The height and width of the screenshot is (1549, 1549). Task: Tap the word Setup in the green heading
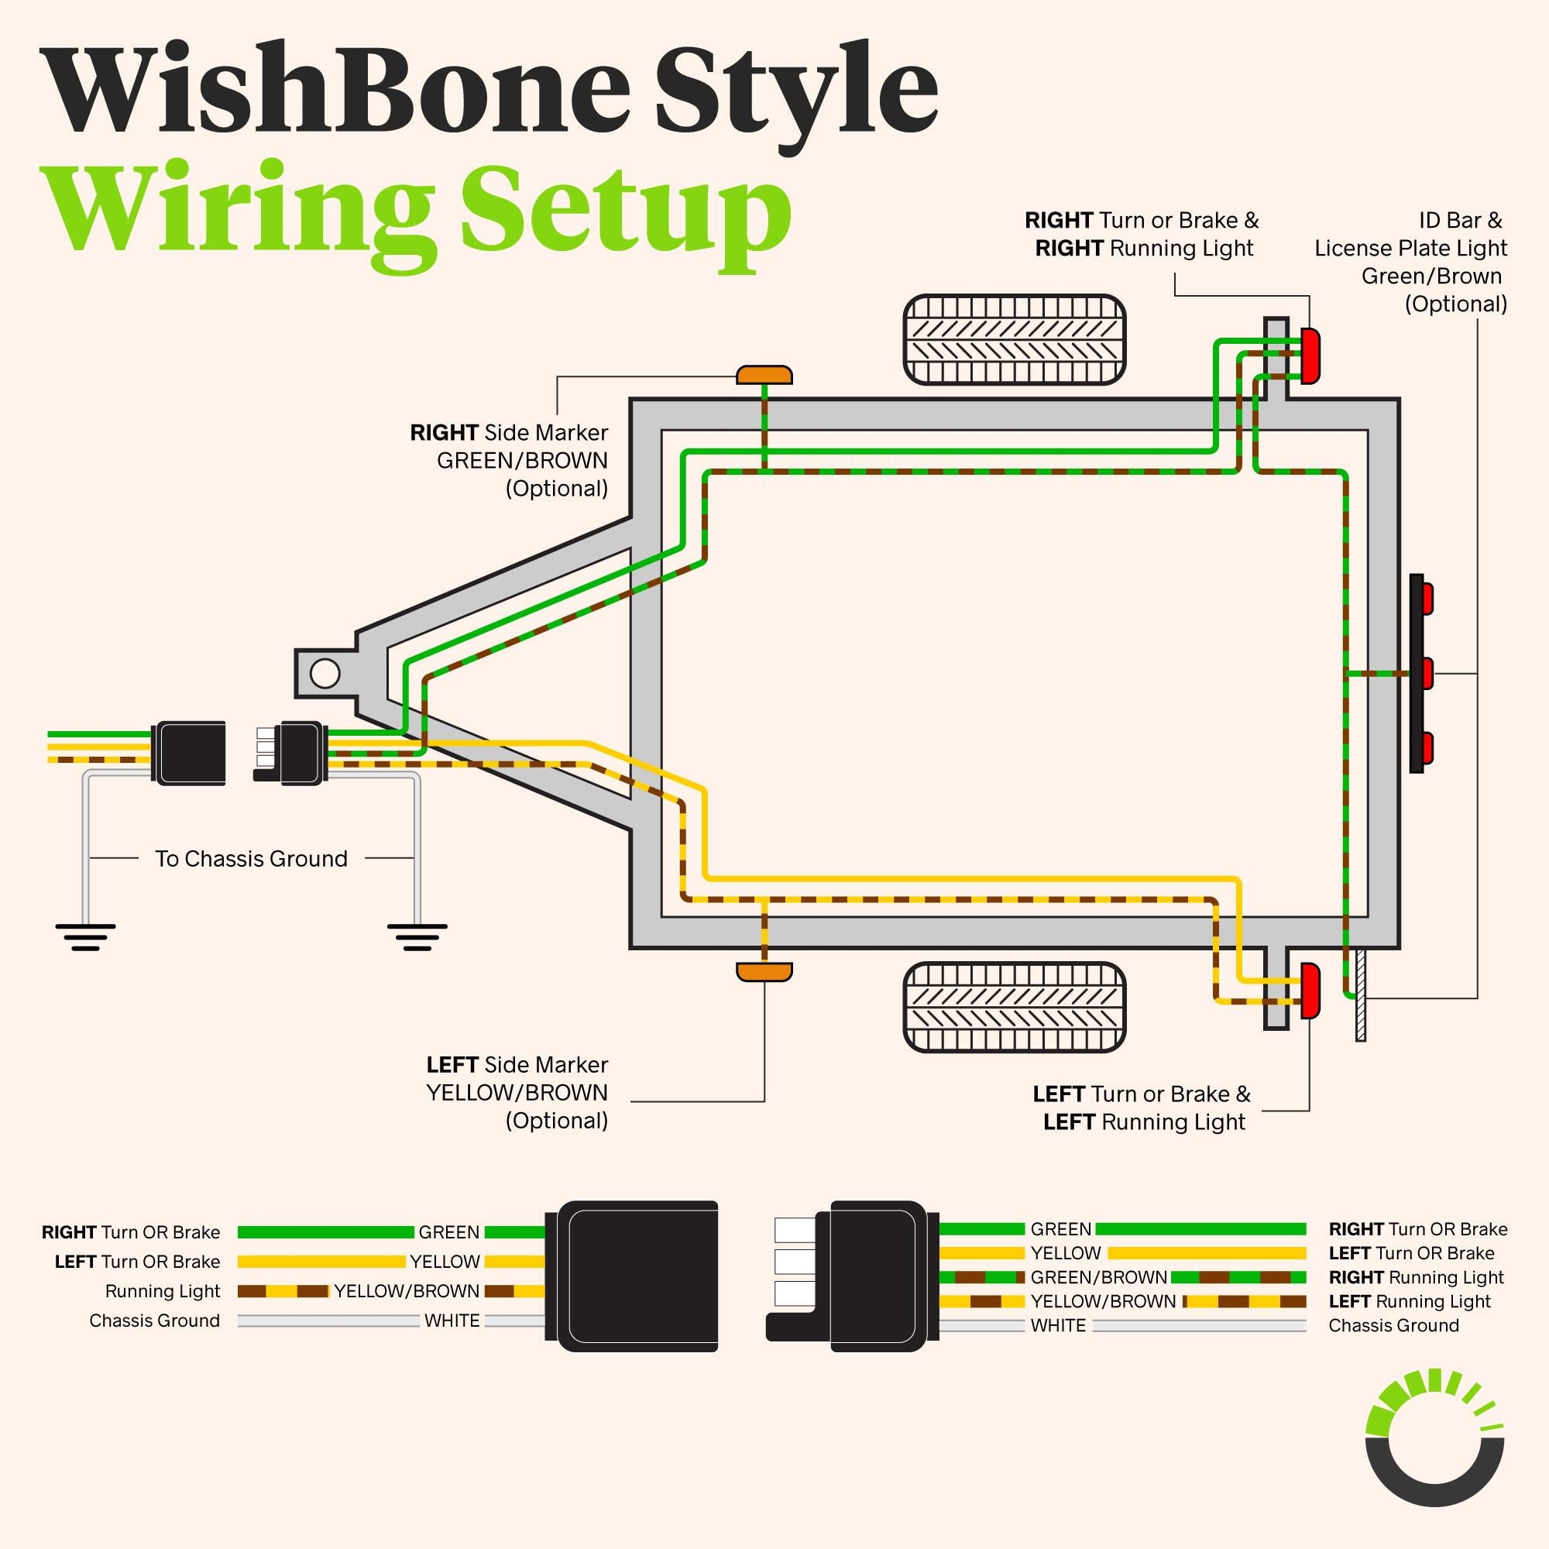click(x=626, y=210)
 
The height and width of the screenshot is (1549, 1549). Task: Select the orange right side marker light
click(x=764, y=374)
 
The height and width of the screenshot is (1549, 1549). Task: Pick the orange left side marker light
click(x=764, y=973)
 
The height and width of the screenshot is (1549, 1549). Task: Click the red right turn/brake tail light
click(x=1310, y=355)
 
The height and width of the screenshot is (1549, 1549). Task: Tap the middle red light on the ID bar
click(x=1427, y=674)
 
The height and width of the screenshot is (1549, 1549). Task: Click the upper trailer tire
click(x=1015, y=340)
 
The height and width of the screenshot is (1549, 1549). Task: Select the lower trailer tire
click(x=1015, y=1007)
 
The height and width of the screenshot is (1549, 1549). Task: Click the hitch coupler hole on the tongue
click(x=325, y=674)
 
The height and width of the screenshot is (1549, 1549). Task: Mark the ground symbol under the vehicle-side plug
click(x=85, y=937)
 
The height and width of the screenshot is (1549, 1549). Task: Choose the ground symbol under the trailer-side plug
click(x=417, y=937)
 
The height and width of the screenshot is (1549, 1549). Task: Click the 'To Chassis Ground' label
click(x=251, y=859)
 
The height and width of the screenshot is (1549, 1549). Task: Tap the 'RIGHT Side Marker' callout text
click(x=508, y=433)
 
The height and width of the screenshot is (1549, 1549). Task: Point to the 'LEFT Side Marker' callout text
click(x=517, y=1065)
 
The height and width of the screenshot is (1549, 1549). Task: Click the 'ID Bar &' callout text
click(x=1460, y=221)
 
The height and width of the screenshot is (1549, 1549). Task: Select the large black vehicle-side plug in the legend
click(x=634, y=1276)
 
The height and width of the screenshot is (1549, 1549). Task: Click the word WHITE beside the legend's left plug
click(x=452, y=1321)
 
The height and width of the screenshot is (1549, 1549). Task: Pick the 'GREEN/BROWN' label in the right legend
click(x=1097, y=1277)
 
